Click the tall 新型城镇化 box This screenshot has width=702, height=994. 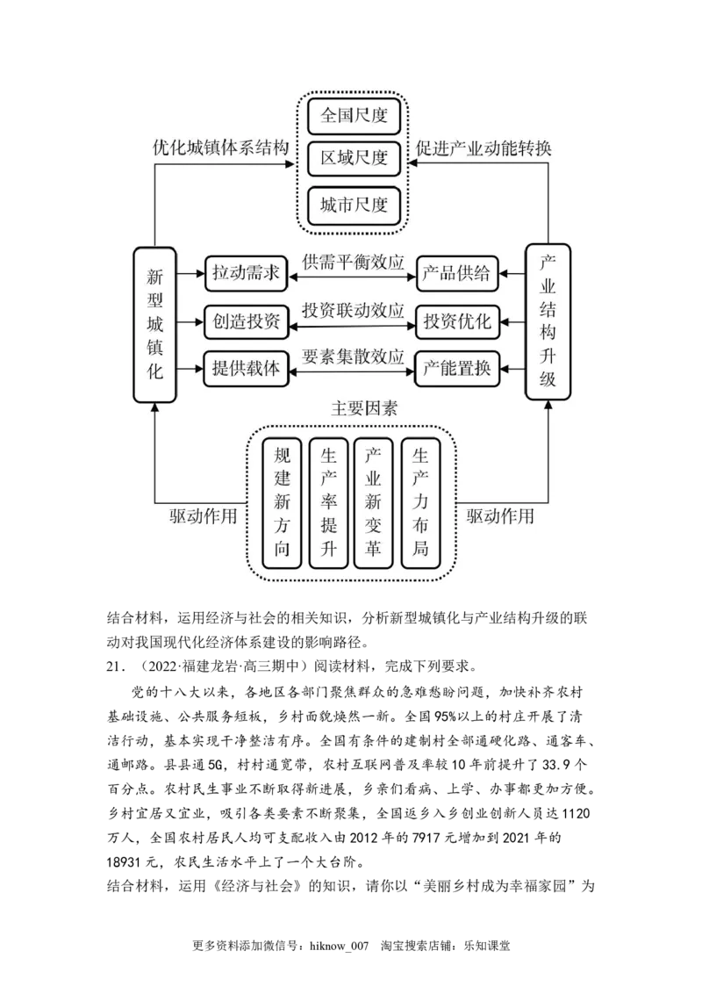[154, 324]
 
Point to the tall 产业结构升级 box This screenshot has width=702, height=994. [548, 322]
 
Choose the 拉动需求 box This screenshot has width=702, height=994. [246, 273]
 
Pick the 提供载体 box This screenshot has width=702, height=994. [246, 369]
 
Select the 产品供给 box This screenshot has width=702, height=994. [456, 273]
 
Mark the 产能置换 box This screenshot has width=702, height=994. [456, 369]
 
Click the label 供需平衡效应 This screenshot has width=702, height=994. [353, 263]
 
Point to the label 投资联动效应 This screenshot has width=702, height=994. [353, 311]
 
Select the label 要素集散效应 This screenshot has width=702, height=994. [353, 357]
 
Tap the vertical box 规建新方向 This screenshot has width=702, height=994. [282, 503]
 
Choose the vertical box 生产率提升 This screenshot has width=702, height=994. [328, 503]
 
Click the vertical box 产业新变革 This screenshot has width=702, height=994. [374, 503]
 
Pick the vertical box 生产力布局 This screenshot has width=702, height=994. [420, 503]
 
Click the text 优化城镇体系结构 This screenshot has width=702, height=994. [220, 148]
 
